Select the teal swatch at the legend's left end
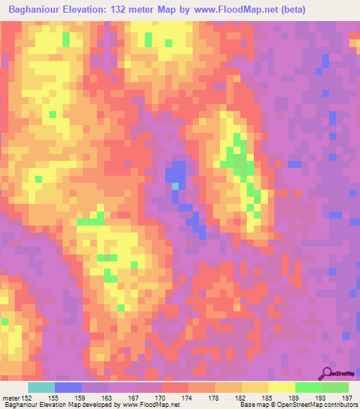(41, 387)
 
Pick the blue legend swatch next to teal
(68, 387)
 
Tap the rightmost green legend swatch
(335, 387)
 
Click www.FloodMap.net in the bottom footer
(150, 405)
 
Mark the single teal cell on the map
(175, 186)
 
